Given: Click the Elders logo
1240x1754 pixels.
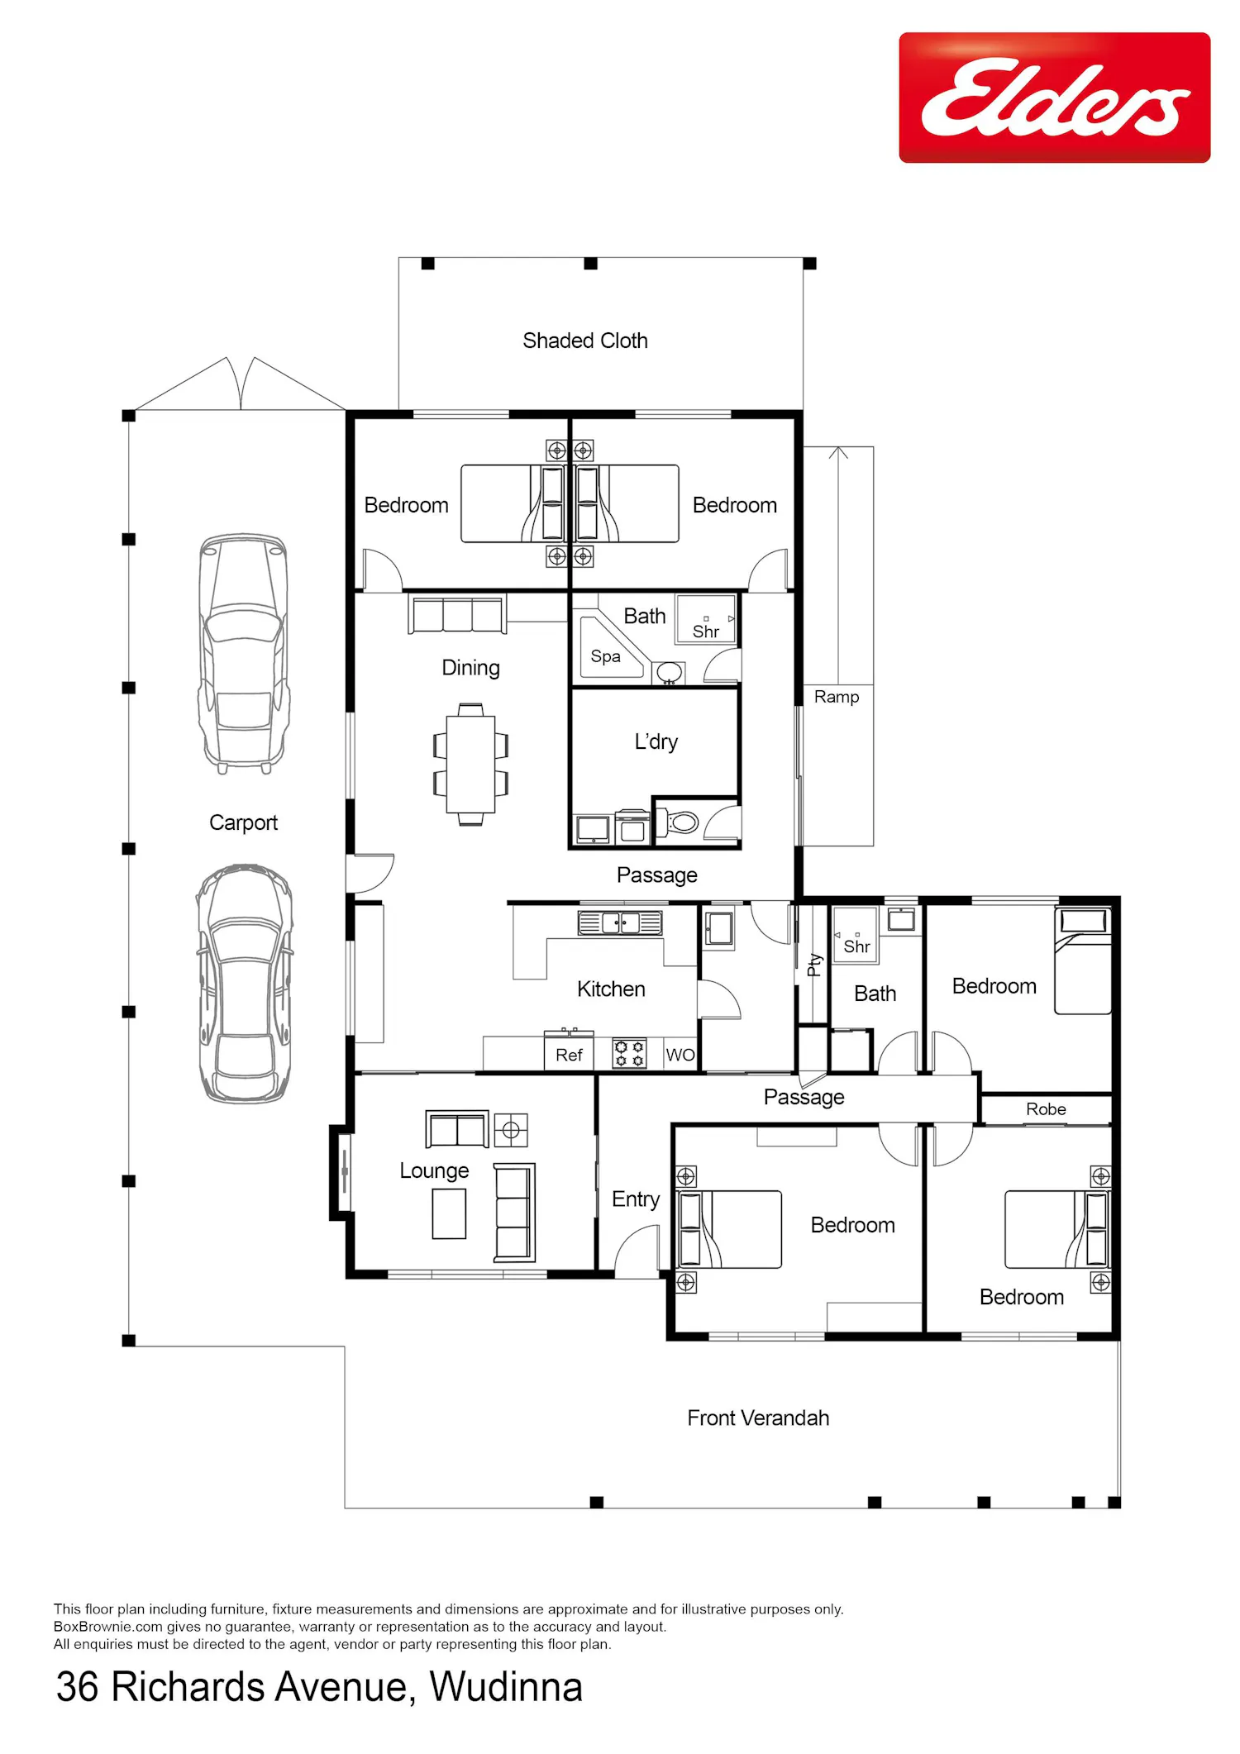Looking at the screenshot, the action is coord(1054,98).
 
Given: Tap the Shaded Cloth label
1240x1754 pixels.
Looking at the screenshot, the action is coord(585,341).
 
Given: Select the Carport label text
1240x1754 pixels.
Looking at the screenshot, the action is coord(243,823).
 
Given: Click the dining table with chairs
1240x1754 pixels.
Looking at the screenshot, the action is coord(470,764).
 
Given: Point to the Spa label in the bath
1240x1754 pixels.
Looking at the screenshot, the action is coord(605,656).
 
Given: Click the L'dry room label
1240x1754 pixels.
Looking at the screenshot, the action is coord(656,742).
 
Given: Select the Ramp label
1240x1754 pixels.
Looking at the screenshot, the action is coord(837,697).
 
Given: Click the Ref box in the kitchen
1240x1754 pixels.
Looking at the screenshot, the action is coord(569,1055).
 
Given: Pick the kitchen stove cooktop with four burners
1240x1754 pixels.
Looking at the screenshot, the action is coord(630,1054).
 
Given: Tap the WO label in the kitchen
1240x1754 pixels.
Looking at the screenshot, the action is coord(680,1055).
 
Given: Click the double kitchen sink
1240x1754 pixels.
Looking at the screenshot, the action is coord(620,922).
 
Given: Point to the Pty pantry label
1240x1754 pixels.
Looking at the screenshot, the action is coord(814,965).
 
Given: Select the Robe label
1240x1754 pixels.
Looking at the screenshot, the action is coord(1046,1109).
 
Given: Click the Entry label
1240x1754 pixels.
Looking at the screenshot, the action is coord(636,1199).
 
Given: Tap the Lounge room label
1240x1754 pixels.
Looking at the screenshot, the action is coord(434,1171).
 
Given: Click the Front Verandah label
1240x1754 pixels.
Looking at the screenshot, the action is coord(758,1418).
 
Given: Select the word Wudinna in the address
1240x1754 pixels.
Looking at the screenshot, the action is coord(506,1687).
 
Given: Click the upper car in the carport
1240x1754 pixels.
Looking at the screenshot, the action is coord(244,653).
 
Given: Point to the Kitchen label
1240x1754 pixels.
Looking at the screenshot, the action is coord(611,989).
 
